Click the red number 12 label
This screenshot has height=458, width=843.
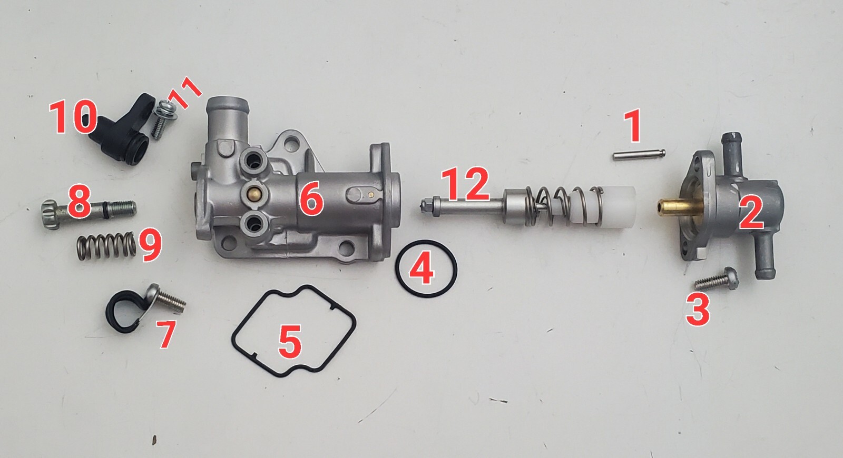[x=465, y=185]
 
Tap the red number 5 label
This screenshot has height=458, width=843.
[x=290, y=341]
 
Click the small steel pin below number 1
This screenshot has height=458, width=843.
[x=639, y=154]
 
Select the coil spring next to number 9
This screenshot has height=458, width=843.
[x=106, y=246]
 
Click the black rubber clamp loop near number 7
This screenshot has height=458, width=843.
[x=121, y=312]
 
